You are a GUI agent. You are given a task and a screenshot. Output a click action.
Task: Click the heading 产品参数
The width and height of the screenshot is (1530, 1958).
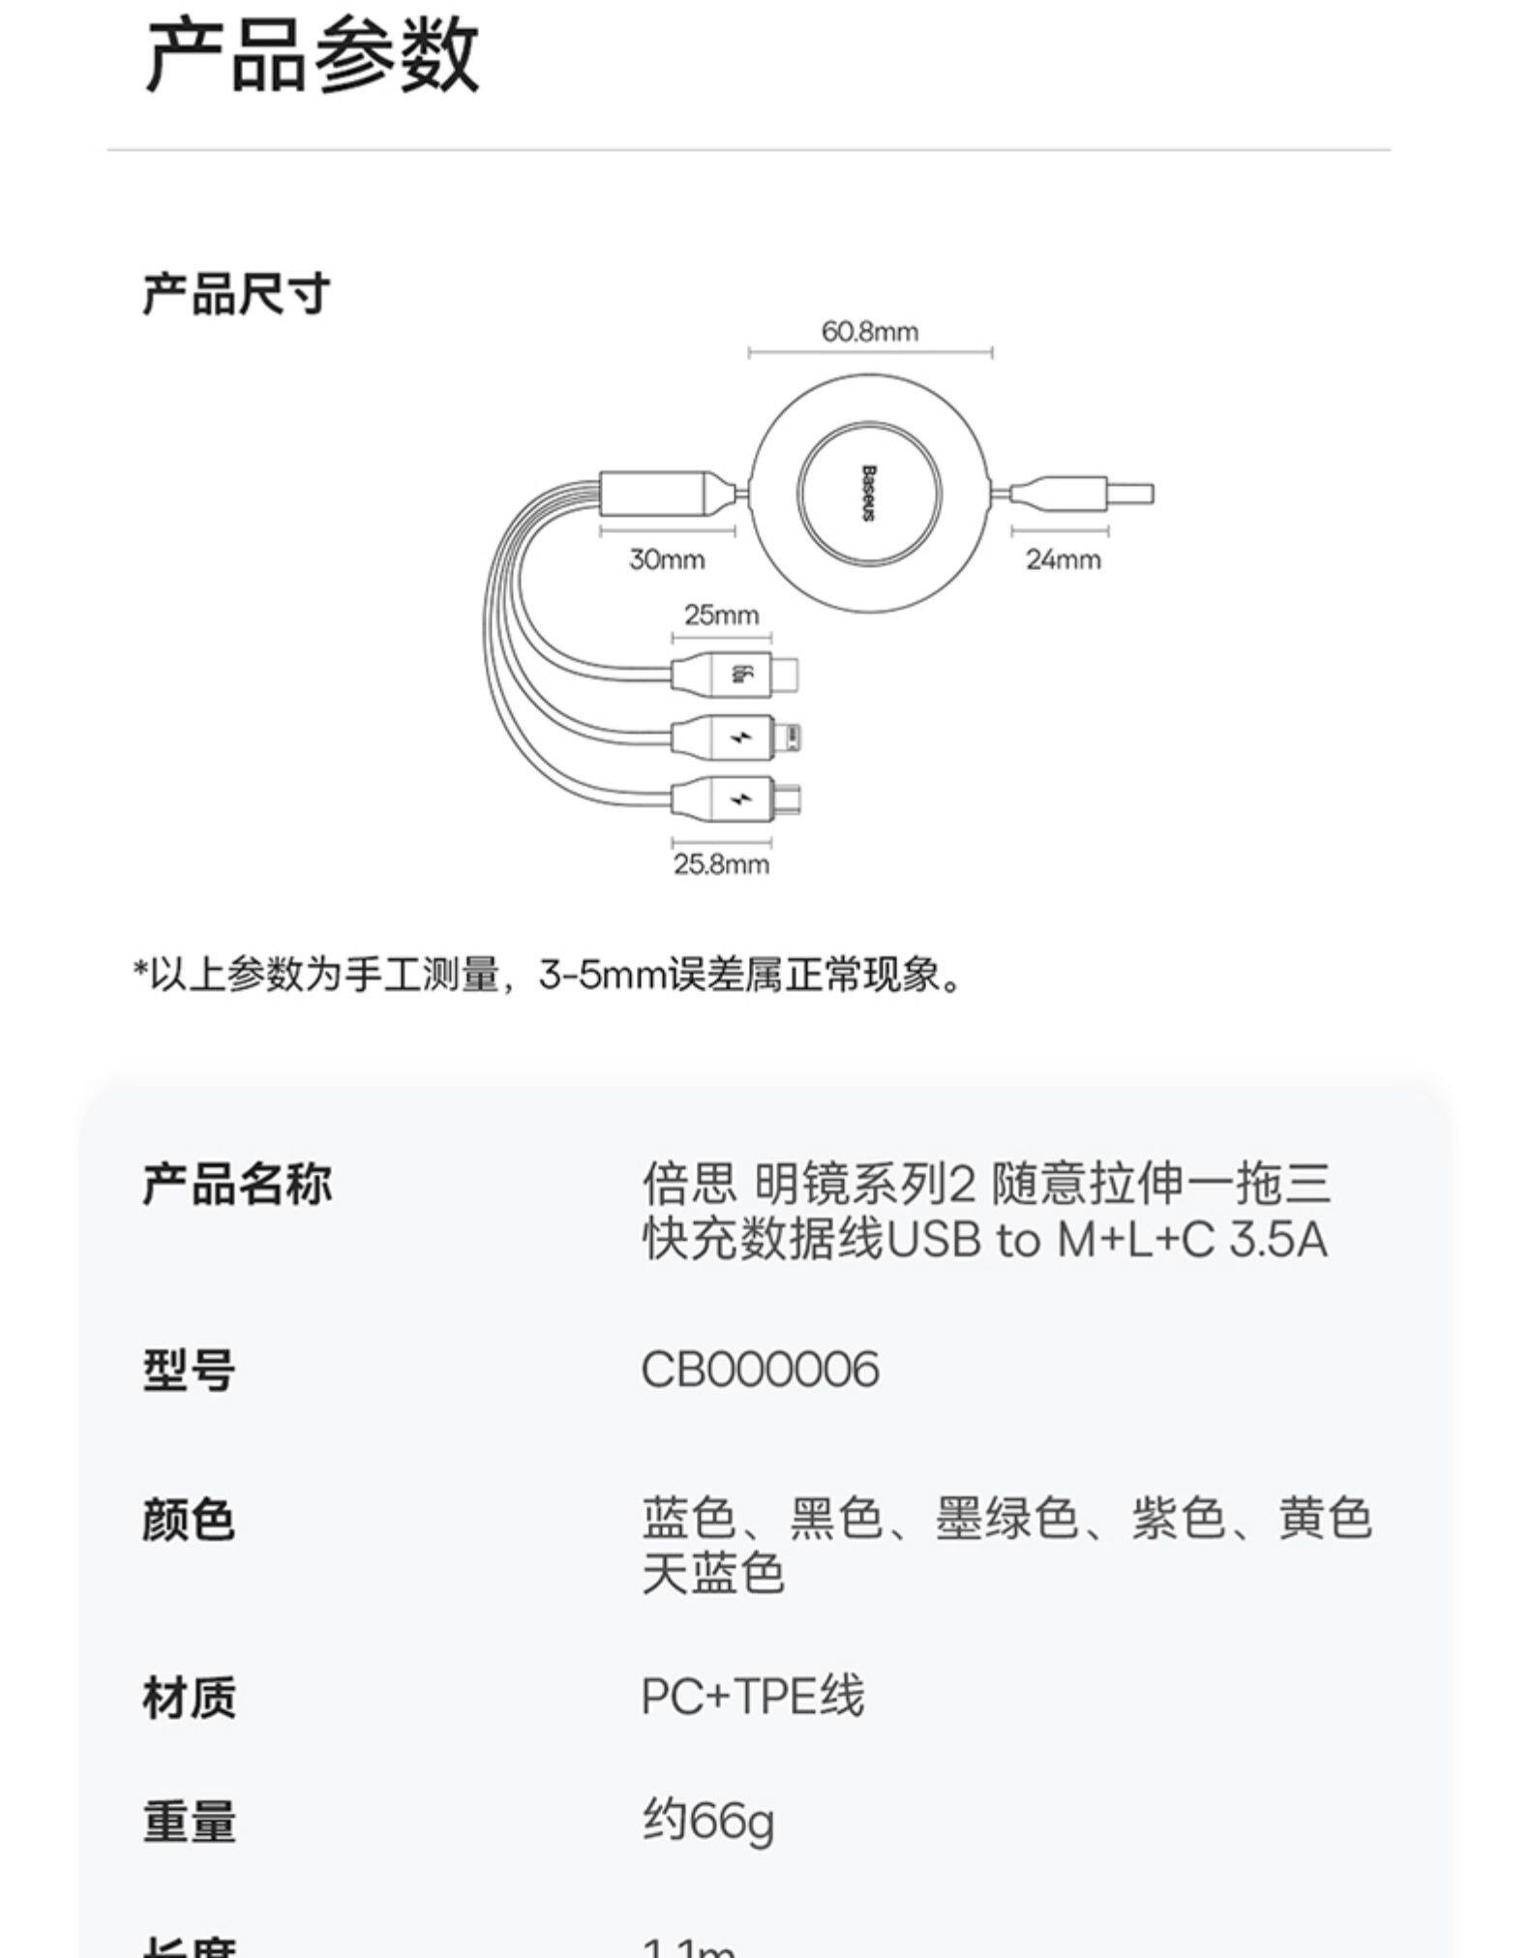point(312,57)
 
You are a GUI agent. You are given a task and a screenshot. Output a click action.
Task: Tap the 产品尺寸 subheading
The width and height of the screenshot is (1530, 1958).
point(236,293)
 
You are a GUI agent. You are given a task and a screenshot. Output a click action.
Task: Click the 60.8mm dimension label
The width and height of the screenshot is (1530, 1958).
point(869,332)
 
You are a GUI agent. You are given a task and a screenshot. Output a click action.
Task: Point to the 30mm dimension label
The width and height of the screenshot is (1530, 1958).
point(667,559)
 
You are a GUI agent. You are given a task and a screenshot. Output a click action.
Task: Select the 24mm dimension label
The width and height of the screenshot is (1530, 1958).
point(1063,559)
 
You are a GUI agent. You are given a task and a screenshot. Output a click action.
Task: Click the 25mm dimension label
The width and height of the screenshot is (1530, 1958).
point(721,615)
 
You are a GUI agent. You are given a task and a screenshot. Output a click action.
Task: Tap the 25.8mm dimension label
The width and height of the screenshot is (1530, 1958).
point(721,864)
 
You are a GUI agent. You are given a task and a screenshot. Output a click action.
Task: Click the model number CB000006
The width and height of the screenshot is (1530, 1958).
point(760,1370)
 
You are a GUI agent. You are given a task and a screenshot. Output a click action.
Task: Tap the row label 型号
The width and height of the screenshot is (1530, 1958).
point(189,1370)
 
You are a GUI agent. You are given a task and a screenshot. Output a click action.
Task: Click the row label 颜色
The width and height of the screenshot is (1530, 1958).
point(189,1519)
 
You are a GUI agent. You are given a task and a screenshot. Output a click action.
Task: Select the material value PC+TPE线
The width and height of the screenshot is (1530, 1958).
point(752,1697)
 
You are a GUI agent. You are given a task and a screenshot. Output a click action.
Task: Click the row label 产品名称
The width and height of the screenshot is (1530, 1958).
point(236,1184)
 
